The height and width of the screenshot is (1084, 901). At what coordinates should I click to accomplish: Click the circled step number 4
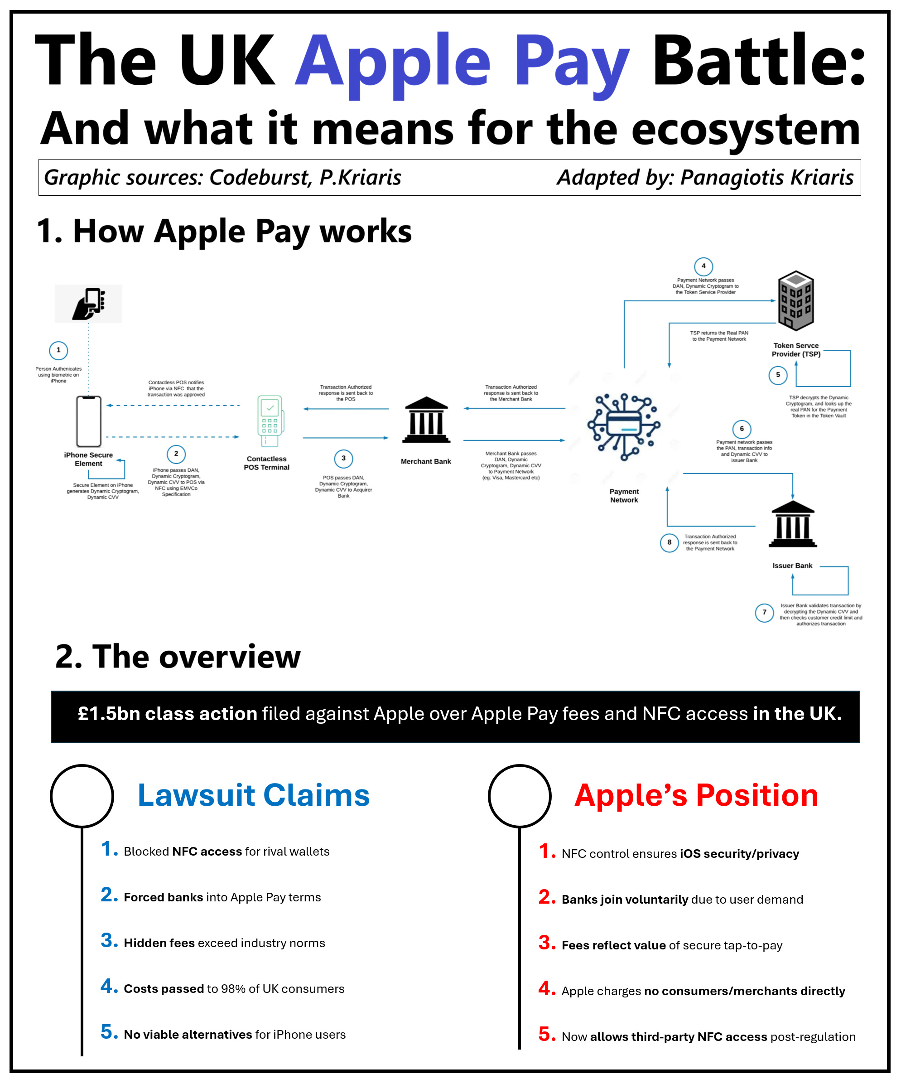coord(703,266)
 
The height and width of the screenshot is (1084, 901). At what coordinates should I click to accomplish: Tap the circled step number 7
coord(764,613)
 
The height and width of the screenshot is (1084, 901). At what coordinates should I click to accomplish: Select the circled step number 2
coord(176,454)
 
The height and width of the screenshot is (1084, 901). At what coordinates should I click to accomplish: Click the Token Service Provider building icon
coord(796,301)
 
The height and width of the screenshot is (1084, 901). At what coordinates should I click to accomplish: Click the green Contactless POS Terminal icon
coord(270,421)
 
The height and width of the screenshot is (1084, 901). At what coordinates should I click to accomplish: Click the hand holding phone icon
coord(89,304)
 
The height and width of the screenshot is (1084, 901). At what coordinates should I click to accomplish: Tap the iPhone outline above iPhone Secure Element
coord(89,421)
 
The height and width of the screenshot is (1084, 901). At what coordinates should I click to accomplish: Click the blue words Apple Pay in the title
coord(462,62)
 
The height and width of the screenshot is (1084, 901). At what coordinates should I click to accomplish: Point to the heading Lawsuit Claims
coord(253,795)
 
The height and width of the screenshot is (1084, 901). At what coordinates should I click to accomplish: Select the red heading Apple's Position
coord(696,795)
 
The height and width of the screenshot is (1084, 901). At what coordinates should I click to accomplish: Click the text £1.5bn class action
coord(167,714)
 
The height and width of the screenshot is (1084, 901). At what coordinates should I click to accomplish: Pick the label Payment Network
coord(624,495)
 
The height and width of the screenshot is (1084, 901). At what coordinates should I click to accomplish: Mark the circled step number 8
coord(670,542)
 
